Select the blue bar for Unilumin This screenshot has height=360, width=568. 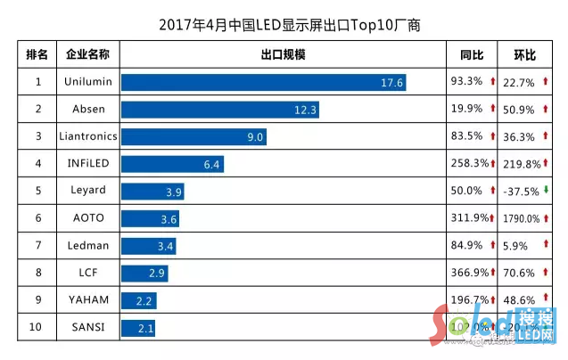tap(265, 82)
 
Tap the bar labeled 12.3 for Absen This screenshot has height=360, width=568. tap(220, 110)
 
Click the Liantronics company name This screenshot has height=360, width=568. tap(87, 136)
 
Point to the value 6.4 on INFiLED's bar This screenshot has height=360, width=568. tap(211, 164)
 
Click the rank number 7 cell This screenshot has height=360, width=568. tap(38, 245)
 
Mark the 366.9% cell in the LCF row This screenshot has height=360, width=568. tap(467, 273)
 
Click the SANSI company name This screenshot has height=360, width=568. tap(87, 327)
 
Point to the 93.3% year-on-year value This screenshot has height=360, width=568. tap(467, 82)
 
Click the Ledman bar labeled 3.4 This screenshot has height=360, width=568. tap(148, 245)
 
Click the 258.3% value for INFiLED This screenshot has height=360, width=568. tap(467, 164)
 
